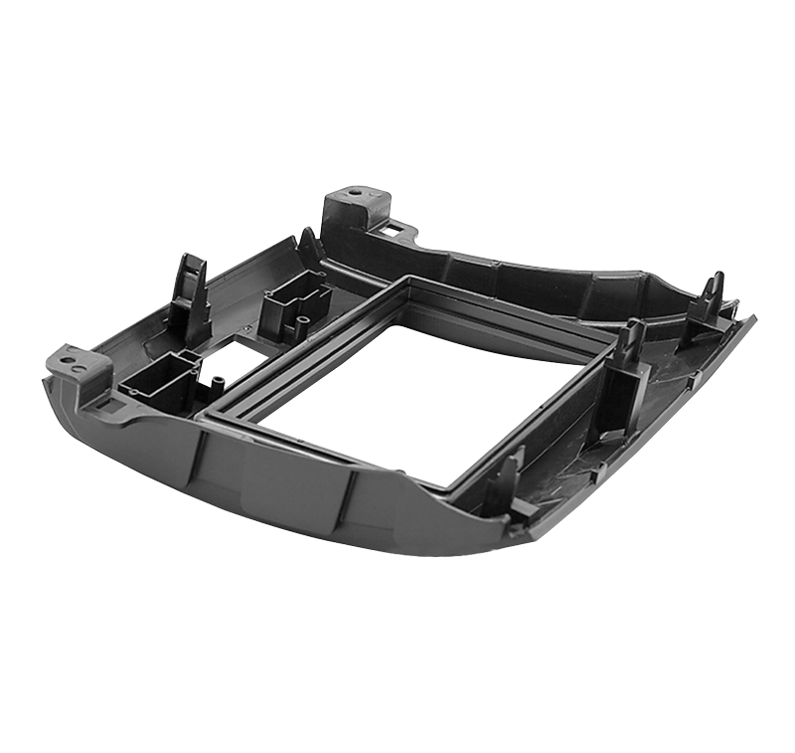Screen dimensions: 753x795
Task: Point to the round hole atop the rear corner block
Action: click(x=354, y=189)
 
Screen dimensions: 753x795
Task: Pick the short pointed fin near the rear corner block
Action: click(x=309, y=245)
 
